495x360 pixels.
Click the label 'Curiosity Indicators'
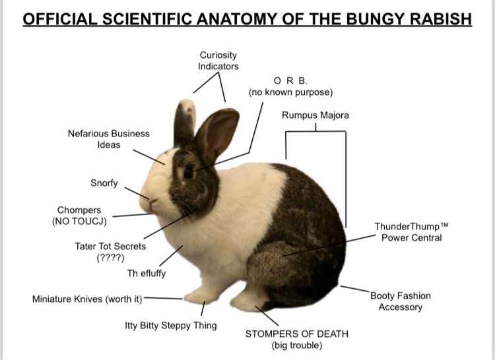point(218,61)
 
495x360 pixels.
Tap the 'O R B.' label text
point(290,81)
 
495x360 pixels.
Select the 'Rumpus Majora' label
point(315,115)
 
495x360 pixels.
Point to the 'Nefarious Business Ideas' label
point(108,138)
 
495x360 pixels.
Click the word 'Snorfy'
point(104,183)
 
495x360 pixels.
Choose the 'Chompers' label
point(79,210)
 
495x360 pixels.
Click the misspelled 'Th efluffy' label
point(146,274)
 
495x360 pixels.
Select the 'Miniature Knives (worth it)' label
point(87,299)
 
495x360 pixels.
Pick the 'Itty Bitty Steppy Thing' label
point(170,326)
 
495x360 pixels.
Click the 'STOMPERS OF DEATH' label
point(296,334)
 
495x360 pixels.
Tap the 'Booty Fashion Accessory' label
point(400,301)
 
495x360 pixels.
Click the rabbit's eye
point(188,173)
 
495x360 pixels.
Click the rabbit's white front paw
point(198,296)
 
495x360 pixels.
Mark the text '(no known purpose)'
point(290,92)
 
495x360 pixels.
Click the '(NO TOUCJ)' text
point(80,222)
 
